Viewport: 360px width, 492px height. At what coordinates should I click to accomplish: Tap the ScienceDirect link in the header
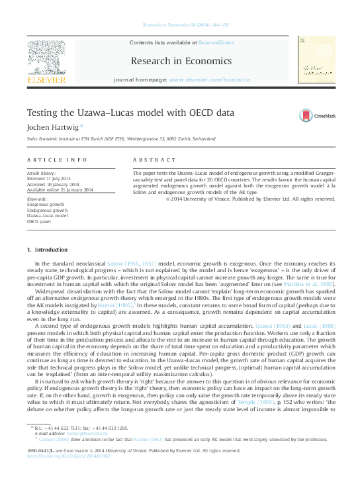(x=216, y=42)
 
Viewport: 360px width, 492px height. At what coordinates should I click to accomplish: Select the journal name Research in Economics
(x=181, y=61)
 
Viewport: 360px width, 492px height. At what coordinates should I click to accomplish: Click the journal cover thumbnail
(x=314, y=60)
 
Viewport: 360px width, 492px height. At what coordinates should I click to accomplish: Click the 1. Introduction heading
(x=47, y=250)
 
